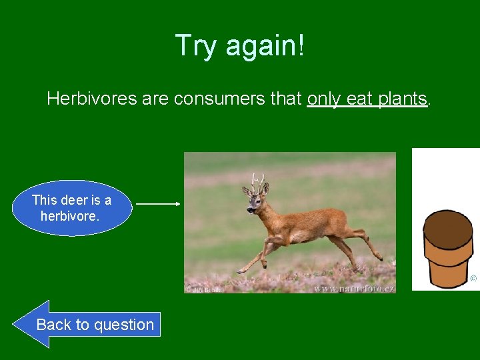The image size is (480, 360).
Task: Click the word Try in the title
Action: click(197, 45)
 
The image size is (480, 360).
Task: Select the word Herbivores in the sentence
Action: click(91, 99)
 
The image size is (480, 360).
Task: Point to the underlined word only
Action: click(324, 99)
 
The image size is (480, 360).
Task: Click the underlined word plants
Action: click(401, 99)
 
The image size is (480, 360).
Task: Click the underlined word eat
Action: click(359, 99)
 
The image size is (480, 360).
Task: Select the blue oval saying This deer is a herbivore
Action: click(72, 208)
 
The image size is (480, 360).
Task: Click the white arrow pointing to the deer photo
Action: click(158, 204)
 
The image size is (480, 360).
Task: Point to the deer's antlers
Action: click(257, 179)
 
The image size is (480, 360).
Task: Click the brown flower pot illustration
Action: click(447, 250)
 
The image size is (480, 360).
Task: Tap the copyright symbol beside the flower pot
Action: click(473, 278)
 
